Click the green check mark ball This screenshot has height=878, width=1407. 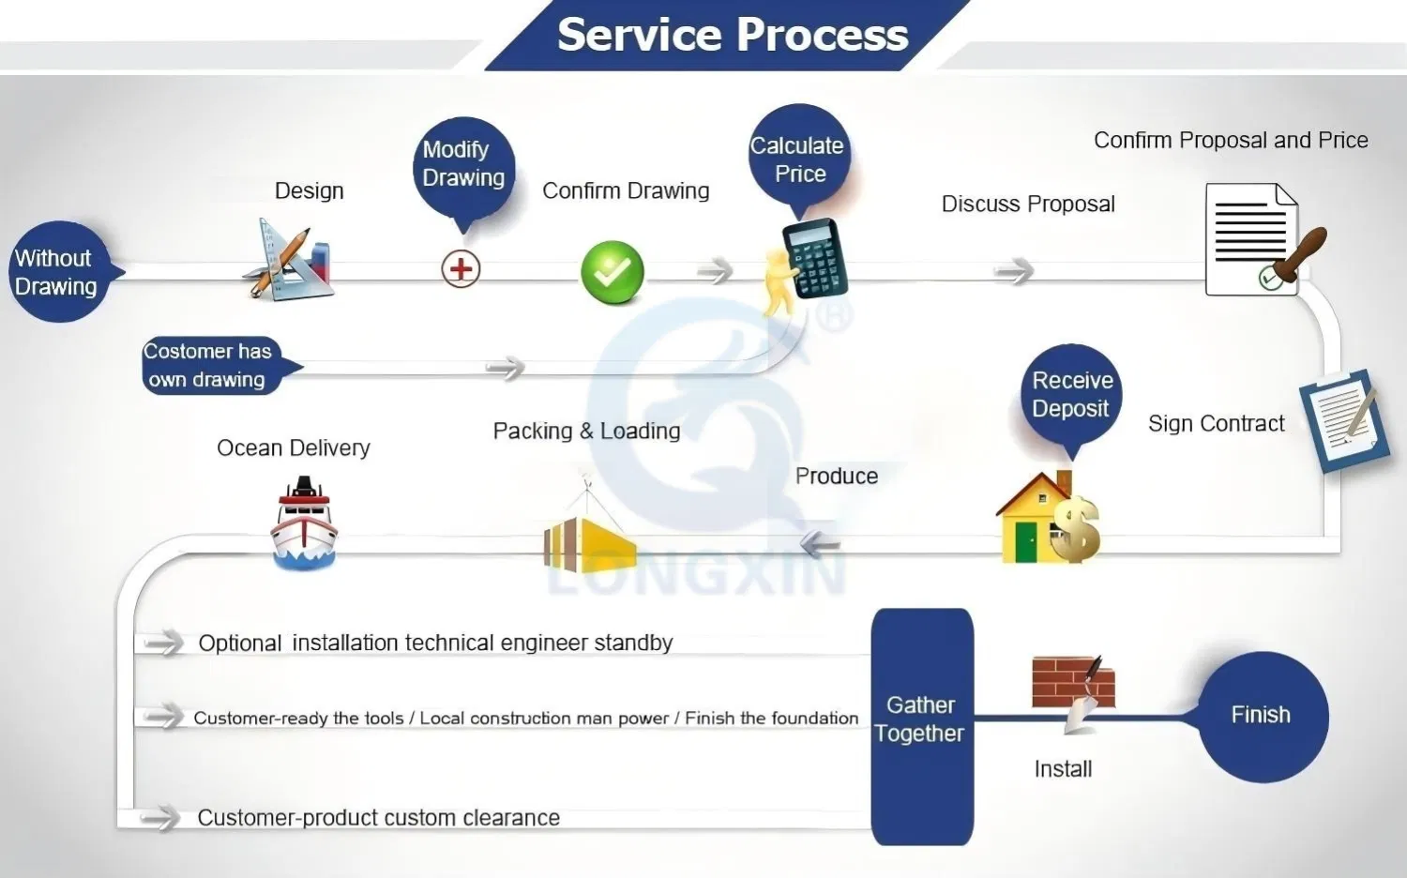click(613, 272)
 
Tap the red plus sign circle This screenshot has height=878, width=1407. click(461, 269)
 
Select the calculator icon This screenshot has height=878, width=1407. click(815, 258)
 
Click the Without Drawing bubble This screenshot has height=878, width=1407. click(60, 272)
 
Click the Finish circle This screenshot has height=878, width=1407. click(1263, 717)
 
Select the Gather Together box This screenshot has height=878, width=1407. click(922, 726)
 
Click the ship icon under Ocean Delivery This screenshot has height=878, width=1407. click(304, 523)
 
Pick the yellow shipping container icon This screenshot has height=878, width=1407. click(588, 544)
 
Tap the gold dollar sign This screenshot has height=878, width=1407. click(1075, 529)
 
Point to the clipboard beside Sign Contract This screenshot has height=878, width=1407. click(1343, 420)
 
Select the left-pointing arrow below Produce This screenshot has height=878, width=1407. click(821, 544)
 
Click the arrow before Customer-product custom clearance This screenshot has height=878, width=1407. click(160, 818)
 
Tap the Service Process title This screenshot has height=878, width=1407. click(733, 35)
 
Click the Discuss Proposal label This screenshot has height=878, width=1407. click(1028, 204)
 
